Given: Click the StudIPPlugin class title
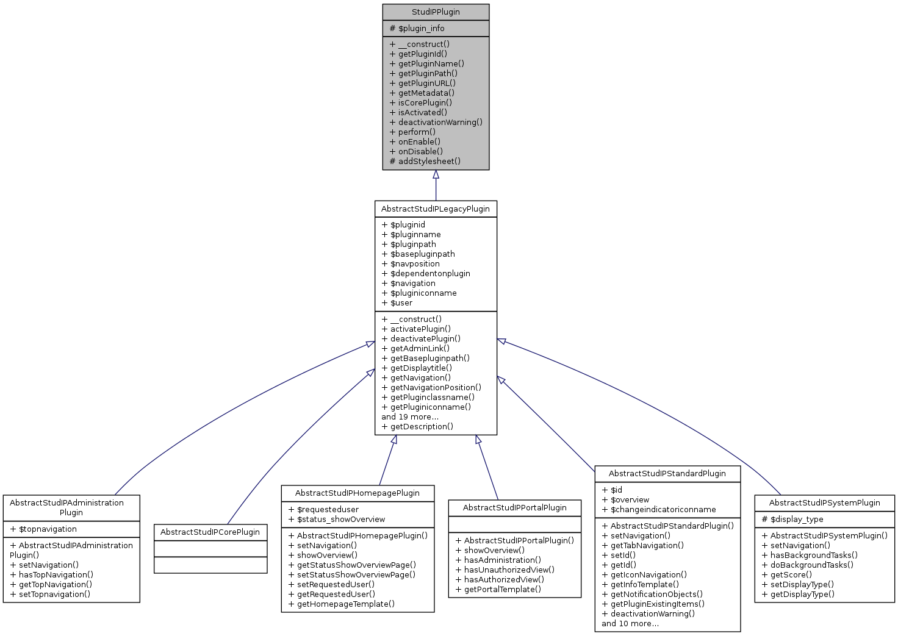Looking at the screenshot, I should pyautogui.click(x=436, y=12).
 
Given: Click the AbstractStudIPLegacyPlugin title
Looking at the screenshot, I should pyautogui.click(x=436, y=209).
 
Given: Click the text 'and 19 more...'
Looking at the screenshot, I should pyautogui.click(x=410, y=417).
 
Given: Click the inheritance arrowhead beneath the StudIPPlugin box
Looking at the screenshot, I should pyautogui.click(x=436, y=175).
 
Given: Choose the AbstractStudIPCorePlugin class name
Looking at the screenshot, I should pyautogui.click(x=210, y=532).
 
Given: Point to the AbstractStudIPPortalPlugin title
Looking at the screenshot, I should pyautogui.click(x=514, y=508).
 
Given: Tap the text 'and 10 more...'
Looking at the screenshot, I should pyautogui.click(x=630, y=624).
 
